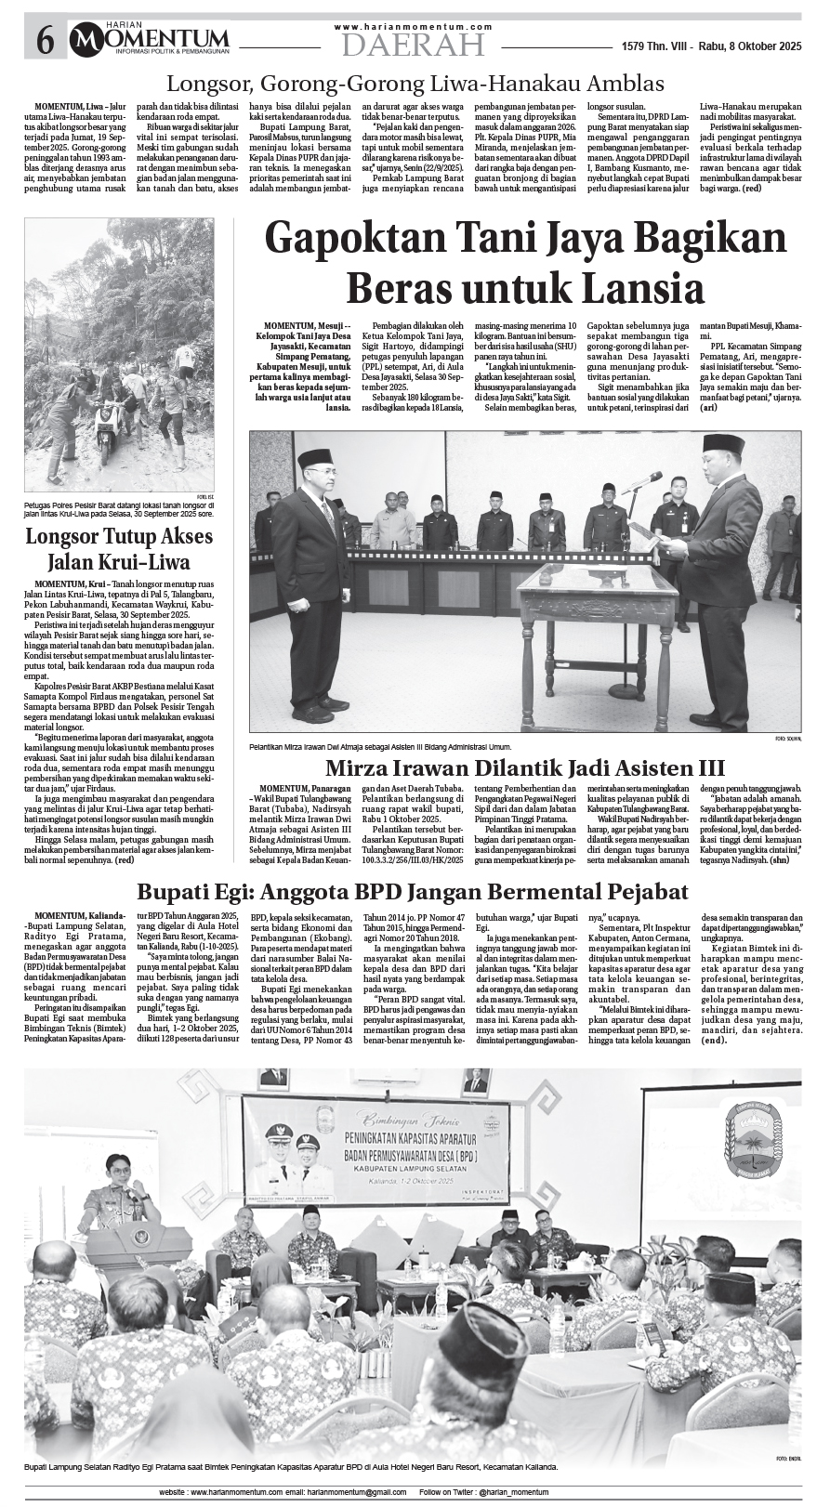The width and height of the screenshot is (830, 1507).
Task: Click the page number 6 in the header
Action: tap(44, 40)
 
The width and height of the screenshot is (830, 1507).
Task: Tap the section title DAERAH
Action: tap(413, 44)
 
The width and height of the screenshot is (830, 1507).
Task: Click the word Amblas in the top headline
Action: tap(622, 84)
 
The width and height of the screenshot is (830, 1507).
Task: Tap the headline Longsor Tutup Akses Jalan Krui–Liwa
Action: tap(119, 549)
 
